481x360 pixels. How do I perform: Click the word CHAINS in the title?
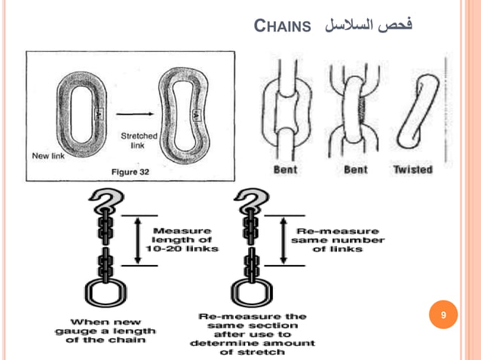pos(283,28)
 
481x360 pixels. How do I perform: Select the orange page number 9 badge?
pos(443,314)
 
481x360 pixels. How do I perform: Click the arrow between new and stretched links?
pos(132,114)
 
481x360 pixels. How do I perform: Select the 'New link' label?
pos(50,156)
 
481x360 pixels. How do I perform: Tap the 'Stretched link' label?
pos(138,141)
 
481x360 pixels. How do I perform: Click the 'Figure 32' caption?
pos(130,172)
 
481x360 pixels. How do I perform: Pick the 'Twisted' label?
pos(412,169)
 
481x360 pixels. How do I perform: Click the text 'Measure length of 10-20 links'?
pos(185,239)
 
